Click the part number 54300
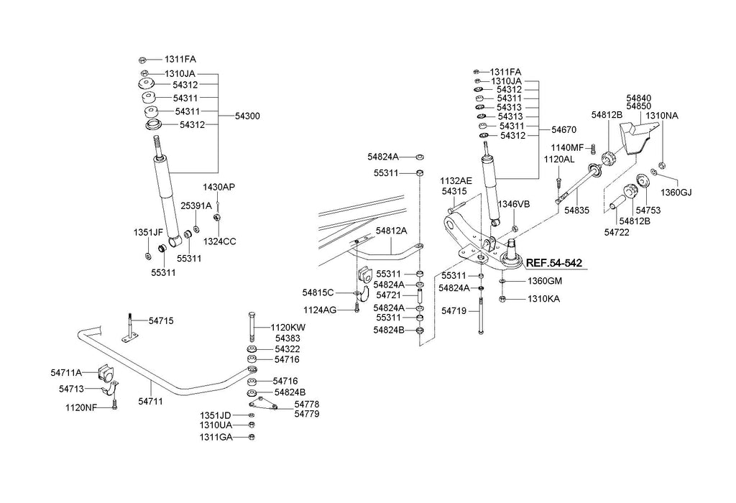point(247,116)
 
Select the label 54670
point(563,129)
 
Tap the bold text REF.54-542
point(554,263)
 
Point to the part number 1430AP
point(218,188)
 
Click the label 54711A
point(66,372)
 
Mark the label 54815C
point(318,292)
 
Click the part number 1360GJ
point(676,193)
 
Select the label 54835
point(577,211)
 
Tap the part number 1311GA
point(216,438)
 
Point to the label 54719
point(454,310)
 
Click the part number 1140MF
point(567,148)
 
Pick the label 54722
point(617,232)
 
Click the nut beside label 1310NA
point(662,165)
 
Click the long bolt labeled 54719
point(481,315)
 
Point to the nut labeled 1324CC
point(217,217)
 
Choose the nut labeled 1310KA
point(502,298)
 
